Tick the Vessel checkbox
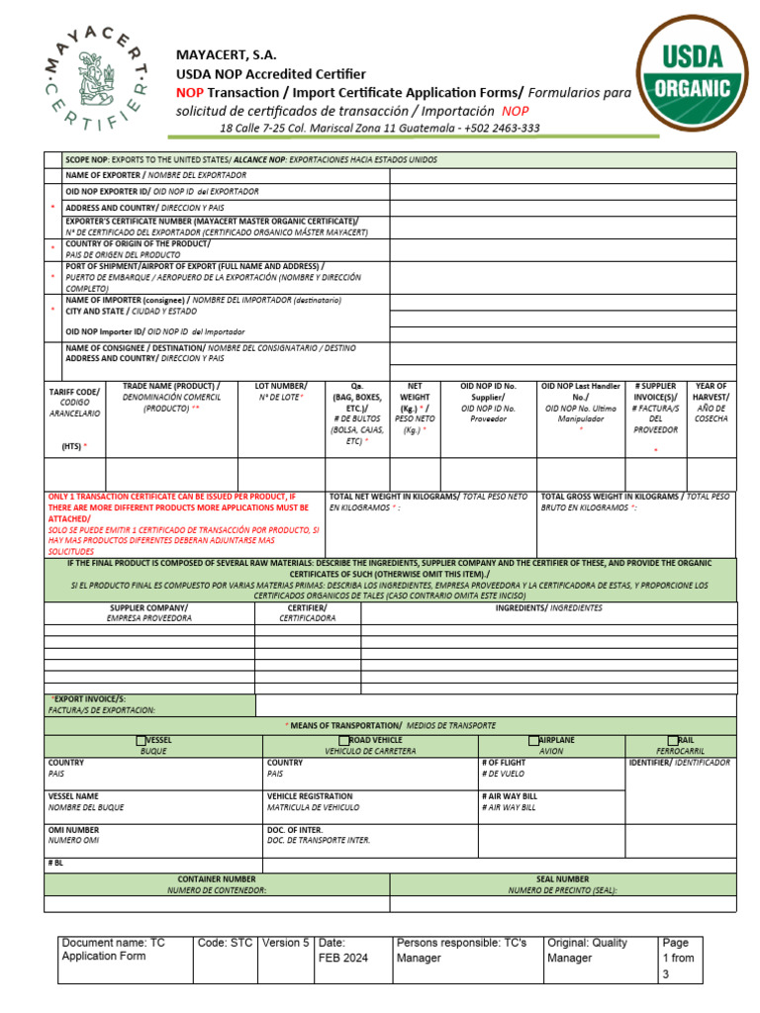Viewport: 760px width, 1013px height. pyautogui.click(x=141, y=740)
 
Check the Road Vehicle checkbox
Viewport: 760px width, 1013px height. pyautogui.click(x=343, y=740)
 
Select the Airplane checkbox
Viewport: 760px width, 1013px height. pyautogui.click(x=534, y=740)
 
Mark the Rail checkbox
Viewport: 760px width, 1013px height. pyautogui.click(x=673, y=740)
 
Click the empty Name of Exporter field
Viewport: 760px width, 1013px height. pyautogui.click(x=562, y=176)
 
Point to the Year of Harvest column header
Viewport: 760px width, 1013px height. pyautogui.click(x=711, y=402)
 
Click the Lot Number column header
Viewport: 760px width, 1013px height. pyautogui.click(x=281, y=392)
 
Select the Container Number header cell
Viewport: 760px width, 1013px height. pyautogui.click(x=217, y=884)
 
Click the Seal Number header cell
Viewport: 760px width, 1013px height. pyautogui.click(x=562, y=884)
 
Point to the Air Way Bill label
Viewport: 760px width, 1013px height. pyautogui.click(x=510, y=801)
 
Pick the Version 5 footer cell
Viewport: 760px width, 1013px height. pyautogui.click(x=285, y=943)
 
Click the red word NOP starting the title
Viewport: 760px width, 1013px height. pyautogui.click(x=189, y=92)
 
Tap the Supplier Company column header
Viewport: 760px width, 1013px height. pyautogui.click(x=148, y=612)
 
